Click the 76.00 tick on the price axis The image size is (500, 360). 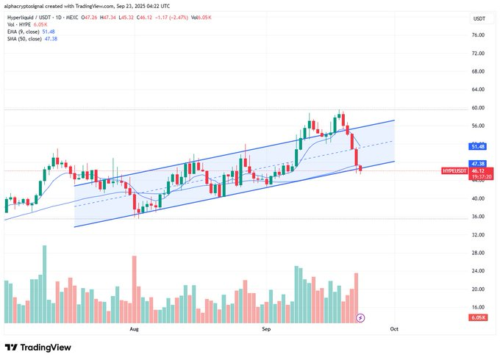tap(477, 35)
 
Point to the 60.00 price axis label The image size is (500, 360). tap(477, 107)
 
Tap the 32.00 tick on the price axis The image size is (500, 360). tap(477, 235)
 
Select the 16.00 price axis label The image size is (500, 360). tap(477, 307)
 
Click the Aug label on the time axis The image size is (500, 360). tap(134, 331)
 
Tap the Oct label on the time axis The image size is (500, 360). tap(394, 331)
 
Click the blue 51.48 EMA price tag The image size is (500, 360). tap(478, 147)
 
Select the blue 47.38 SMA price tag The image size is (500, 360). tap(478, 163)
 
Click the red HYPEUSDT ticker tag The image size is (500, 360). tap(455, 170)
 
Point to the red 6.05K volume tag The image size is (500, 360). tap(477, 317)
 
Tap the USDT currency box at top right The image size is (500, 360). tap(479, 18)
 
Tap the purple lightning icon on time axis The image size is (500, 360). tap(360, 318)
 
